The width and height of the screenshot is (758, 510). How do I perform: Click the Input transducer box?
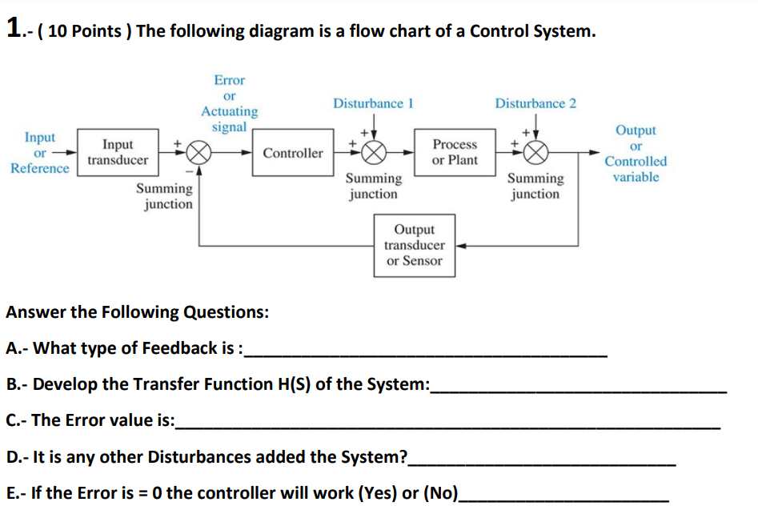pos(118,152)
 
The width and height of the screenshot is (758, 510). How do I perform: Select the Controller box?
pos(293,153)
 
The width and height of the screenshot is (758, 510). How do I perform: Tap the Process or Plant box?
pos(454,152)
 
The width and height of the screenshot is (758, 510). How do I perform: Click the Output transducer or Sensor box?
pos(415,245)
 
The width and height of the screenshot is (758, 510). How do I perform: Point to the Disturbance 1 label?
pos(373,104)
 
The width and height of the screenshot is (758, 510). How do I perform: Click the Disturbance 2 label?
pos(535,104)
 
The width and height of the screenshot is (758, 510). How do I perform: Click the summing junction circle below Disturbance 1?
pos(375,153)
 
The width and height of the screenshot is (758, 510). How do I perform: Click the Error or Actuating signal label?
pos(229,103)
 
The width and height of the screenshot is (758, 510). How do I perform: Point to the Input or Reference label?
pos(39,152)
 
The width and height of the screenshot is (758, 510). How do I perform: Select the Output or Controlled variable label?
pos(636,153)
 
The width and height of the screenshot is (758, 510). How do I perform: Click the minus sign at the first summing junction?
pos(190,170)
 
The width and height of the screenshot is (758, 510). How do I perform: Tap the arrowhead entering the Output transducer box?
pos(461,246)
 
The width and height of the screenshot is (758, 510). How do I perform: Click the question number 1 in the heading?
pos(13,29)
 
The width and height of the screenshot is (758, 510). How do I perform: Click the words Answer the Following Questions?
pos(137,312)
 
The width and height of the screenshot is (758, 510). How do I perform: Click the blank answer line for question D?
pos(542,464)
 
